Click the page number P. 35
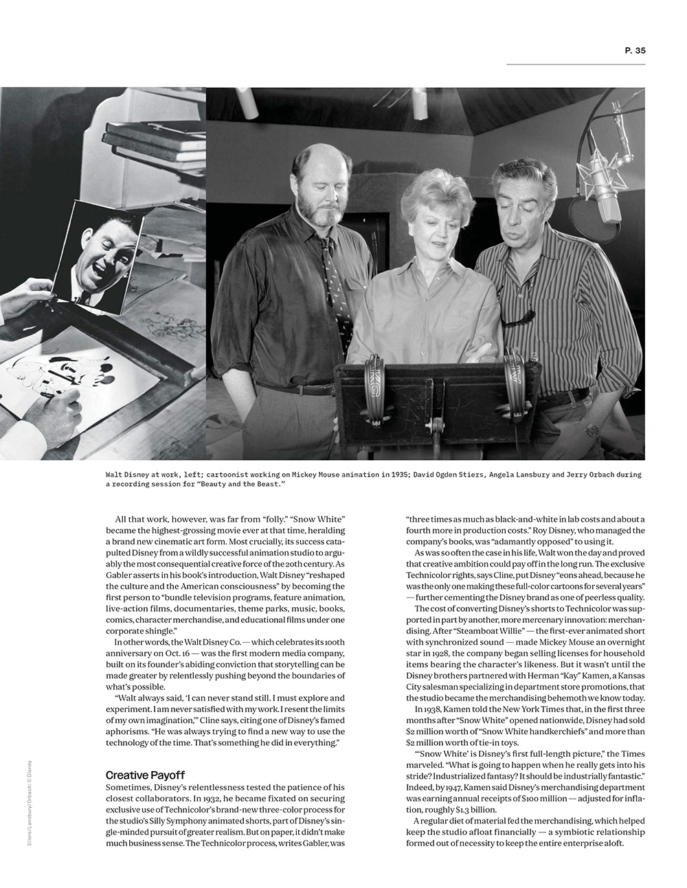coord(635,50)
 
